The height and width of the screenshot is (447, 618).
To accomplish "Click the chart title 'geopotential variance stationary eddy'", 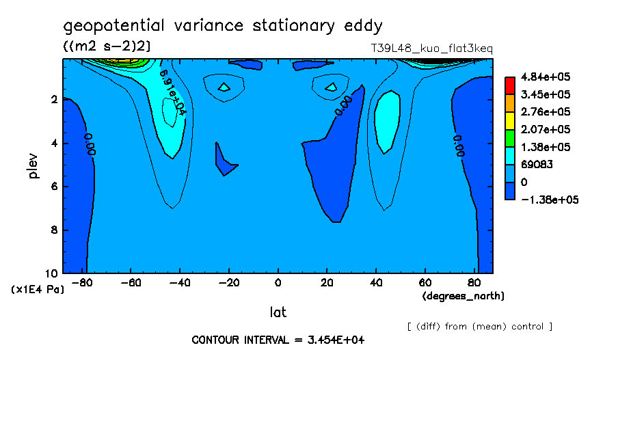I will [223, 26].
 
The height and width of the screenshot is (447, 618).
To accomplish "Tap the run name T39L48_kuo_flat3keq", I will [431, 49].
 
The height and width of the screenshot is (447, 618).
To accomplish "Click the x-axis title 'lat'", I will [278, 312].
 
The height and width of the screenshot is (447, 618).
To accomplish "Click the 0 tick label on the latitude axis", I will [278, 282].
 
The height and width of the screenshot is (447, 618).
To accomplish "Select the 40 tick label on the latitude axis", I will [375, 282].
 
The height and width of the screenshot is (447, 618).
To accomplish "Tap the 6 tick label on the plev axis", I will [55, 187].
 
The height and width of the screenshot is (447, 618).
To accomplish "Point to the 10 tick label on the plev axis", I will [52, 273].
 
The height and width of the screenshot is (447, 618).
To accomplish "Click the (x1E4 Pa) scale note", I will [38, 290].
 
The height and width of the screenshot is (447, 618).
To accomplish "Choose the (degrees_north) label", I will [463, 296].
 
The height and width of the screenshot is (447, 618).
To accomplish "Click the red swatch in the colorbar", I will [509, 85].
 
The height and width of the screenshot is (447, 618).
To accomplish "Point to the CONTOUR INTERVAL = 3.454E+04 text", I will [278, 340].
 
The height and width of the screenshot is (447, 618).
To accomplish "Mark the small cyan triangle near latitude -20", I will [224, 87].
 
